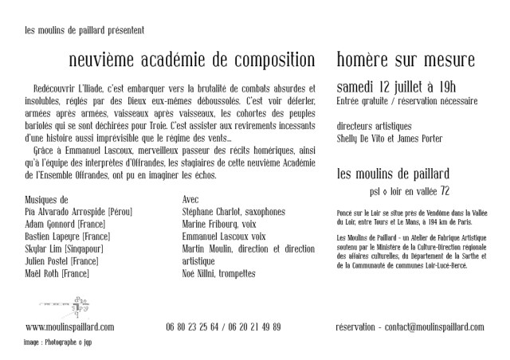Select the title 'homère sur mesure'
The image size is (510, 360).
[406, 60]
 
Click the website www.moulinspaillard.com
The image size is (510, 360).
[70, 327]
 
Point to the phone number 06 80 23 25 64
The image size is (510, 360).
[194, 327]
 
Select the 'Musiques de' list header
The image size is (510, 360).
[48, 199]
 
